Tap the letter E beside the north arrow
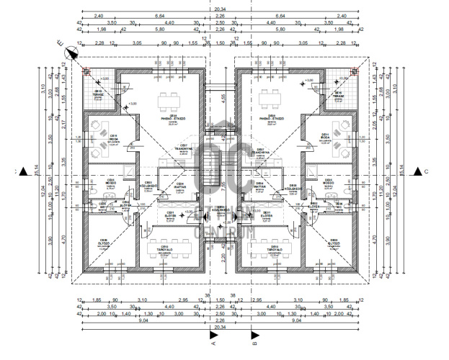(61, 42)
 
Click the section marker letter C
(426, 171)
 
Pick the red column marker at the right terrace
(354, 71)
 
